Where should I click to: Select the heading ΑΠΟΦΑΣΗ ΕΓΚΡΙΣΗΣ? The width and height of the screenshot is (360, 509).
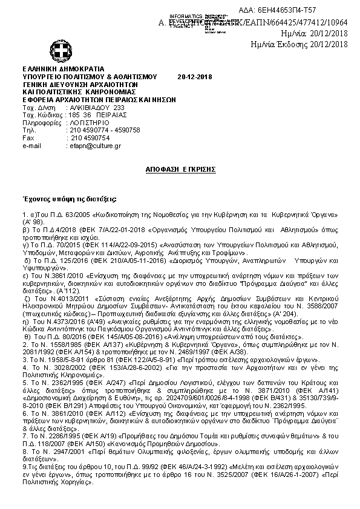[x=181, y=170]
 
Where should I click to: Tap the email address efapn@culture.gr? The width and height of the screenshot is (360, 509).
[x=95, y=146]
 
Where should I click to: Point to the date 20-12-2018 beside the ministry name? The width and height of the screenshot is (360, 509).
[x=195, y=77]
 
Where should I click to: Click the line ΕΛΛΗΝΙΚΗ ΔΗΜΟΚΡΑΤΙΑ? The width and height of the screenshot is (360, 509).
[x=63, y=70]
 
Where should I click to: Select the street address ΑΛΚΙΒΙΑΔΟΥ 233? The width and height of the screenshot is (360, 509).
[x=89, y=107]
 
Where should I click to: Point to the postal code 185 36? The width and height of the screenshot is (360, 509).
[x=80, y=115]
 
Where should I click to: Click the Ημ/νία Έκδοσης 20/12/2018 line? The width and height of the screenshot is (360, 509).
[x=299, y=44]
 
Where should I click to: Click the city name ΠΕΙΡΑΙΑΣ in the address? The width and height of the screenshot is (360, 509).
[x=111, y=115]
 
